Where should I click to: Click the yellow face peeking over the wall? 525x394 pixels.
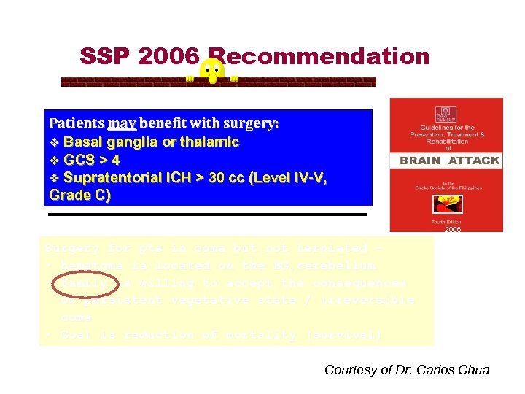pos(212,71)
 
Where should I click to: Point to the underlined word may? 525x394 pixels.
pos(117,123)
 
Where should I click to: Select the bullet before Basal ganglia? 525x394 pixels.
pos(53,142)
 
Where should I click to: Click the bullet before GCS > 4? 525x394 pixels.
pos(53,160)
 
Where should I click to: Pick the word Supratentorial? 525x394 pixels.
pos(115,178)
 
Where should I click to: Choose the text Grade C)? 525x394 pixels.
pos(79,196)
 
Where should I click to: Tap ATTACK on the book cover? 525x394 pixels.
pos(474,161)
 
